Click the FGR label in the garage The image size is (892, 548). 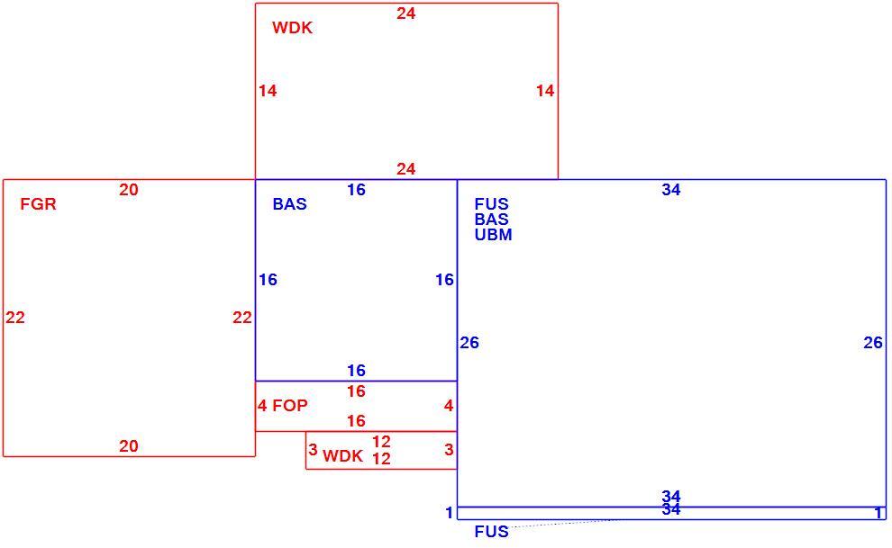click(38, 204)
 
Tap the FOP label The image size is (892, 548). click(290, 406)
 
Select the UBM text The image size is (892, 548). click(493, 235)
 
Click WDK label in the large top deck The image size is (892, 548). click(293, 28)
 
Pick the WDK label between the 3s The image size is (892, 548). click(342, 456)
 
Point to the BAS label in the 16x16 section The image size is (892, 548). click(289, 204)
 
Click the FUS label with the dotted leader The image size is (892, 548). click(492, 532)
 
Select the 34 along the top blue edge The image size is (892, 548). click(671, 190)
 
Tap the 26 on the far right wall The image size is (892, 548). click(873, 343)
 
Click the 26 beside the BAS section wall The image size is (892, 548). click(469, 343)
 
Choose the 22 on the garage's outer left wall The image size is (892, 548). click(15, 318)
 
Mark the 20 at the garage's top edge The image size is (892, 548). click(129, 190)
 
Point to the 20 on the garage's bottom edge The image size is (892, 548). click(129, 446)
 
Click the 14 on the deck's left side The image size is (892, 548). click(268, 90)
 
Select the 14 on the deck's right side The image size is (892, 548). click(545, 90)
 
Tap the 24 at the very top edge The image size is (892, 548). click(406, 13)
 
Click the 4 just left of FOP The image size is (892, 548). click(262, 406)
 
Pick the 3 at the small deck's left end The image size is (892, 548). click(313, 450)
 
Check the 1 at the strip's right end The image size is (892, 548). click(878, 514)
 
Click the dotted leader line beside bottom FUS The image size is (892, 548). click(563, 524)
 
